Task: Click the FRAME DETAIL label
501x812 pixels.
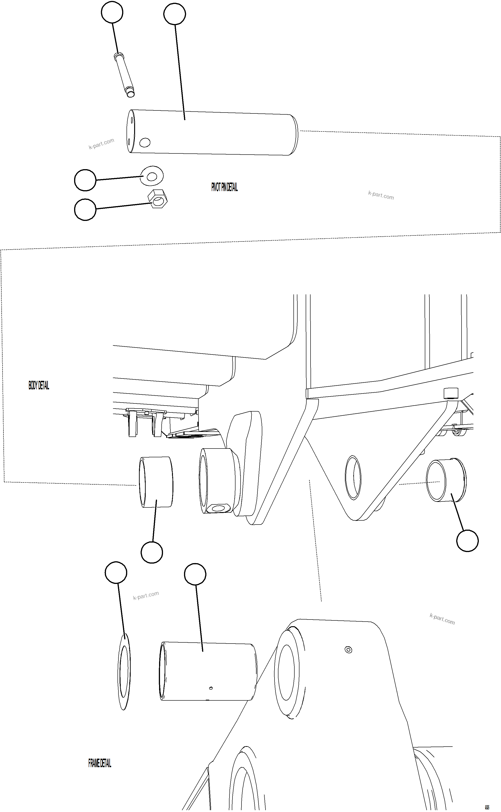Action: (100, 763)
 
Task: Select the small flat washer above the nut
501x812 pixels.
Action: (152, 176)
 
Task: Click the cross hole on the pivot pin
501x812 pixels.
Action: (145, 143)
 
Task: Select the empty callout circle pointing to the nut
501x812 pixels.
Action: (85, 210)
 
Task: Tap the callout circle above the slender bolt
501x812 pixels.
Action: (112, 12)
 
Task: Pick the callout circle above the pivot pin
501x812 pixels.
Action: (175, 14)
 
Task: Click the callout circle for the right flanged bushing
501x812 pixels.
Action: (467, 541)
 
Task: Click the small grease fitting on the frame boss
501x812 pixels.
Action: (348, 650)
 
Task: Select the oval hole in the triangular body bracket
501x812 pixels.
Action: (353, 478)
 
